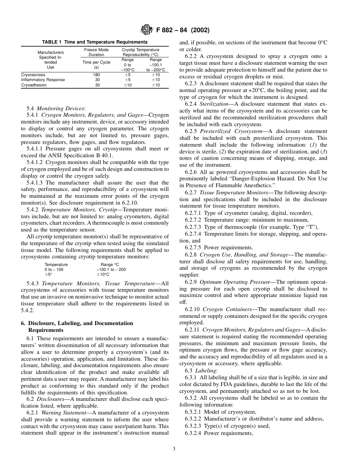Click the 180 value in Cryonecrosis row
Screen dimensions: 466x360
(96, 75)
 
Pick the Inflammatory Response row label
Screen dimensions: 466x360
(43, 80)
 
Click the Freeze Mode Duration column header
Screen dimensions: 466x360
(96, 52)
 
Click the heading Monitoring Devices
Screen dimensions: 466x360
(61, 108)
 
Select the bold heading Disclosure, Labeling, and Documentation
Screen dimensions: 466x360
(77, 323)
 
